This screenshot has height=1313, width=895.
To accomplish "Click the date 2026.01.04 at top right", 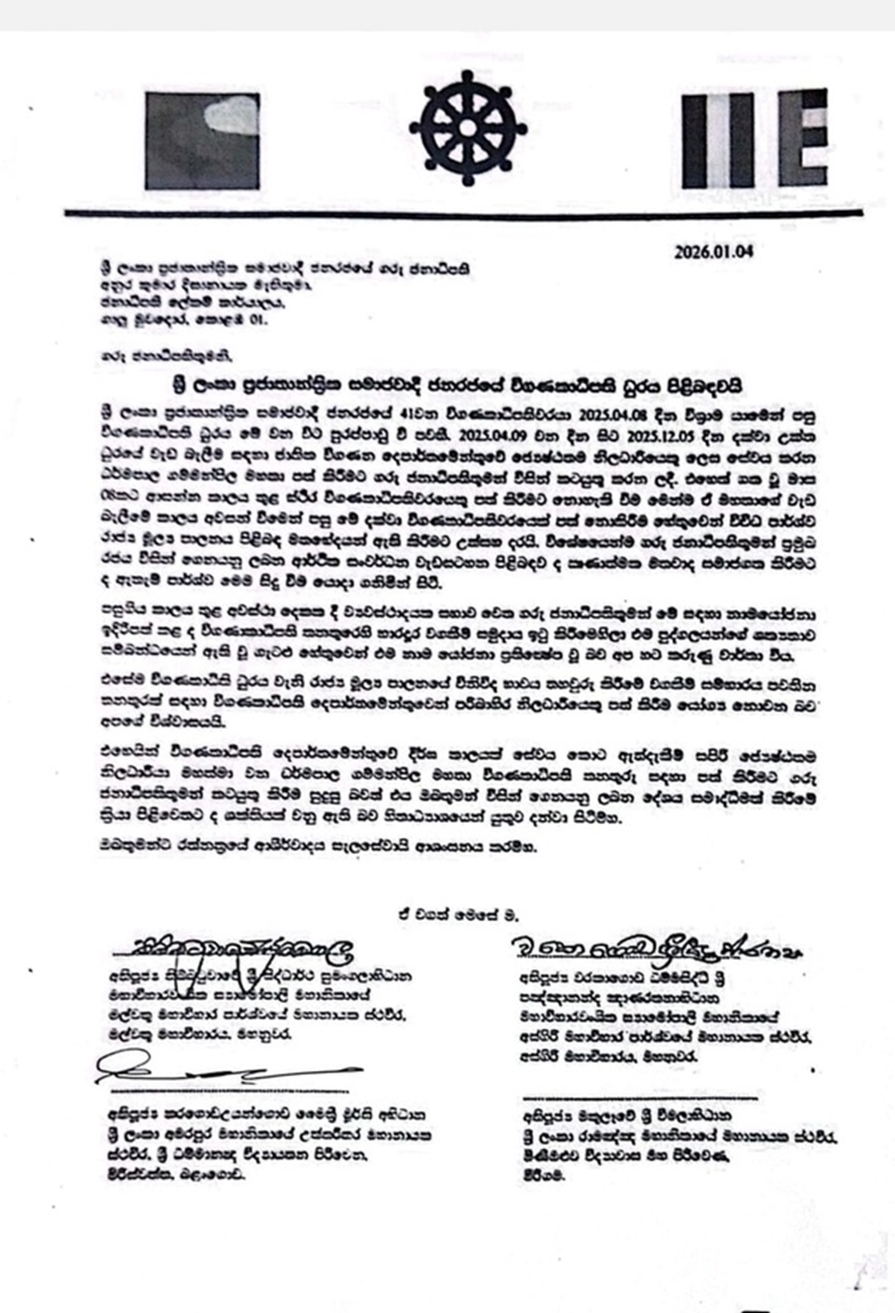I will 713,251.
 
